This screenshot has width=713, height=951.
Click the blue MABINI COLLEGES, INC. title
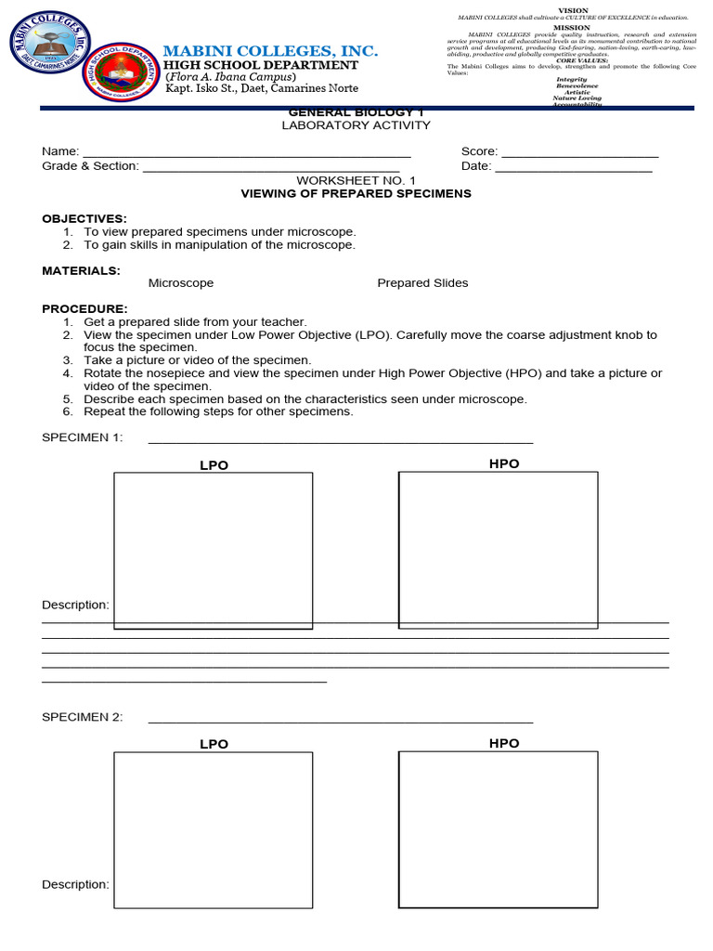[271, 51]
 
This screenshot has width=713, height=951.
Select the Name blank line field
[247, 152]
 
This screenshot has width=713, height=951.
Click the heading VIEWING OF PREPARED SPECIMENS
[356, 194]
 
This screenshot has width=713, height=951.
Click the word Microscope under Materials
[181, 283]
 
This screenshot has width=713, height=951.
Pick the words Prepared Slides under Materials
[422, 283]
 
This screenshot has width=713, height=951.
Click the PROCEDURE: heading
[84, 308]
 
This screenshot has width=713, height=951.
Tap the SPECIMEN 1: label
[83, 438]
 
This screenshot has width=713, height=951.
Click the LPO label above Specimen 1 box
[214, 465]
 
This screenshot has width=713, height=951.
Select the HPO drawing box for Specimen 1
[498, 550]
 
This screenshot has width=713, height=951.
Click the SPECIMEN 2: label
[83, 717]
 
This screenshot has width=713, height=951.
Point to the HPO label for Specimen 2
[504, 743]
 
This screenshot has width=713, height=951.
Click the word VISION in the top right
[572, 10]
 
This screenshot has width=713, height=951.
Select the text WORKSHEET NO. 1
[356, 180]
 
